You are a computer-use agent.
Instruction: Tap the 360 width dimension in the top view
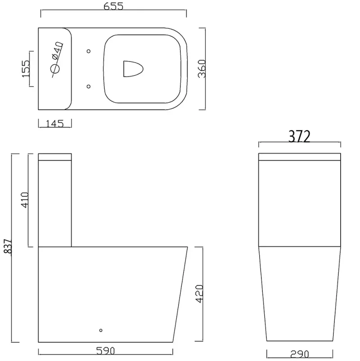202,68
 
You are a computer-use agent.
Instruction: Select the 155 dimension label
26,68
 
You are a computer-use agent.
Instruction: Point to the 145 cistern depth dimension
55,123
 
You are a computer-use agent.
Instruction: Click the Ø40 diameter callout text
58,50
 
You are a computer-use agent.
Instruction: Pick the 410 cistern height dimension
25,200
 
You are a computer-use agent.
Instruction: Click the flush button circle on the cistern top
55,69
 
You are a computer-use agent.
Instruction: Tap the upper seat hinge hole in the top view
89,50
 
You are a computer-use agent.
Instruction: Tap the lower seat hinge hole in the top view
89,86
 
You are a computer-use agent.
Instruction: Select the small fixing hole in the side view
101,330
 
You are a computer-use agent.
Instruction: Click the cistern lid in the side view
55,157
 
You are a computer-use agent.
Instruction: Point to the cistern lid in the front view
300,157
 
